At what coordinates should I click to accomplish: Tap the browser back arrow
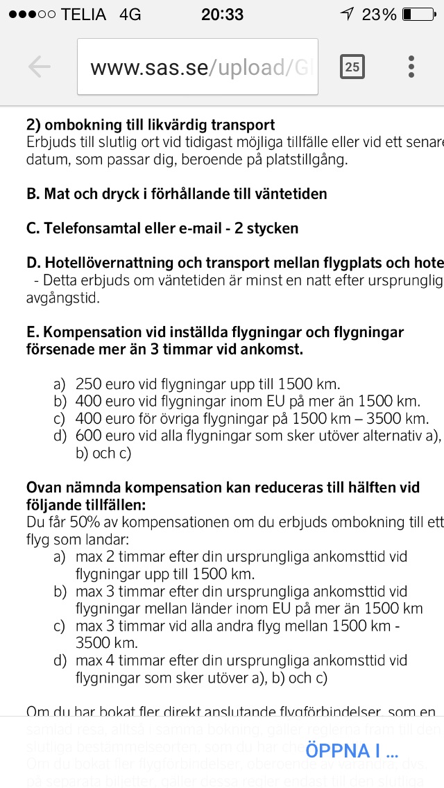tap(40, 67)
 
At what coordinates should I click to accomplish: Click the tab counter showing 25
tap(352, 67)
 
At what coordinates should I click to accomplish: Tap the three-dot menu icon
tap(411, 67)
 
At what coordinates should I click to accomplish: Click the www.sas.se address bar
tap(198, 67)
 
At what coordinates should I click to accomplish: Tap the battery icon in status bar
tap(417, 15)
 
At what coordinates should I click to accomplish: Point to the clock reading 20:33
tap(222, 15)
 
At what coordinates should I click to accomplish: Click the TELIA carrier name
tap(83, 15)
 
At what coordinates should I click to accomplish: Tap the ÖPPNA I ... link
tap(352, 750)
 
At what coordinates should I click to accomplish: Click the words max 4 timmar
tap(117, 660)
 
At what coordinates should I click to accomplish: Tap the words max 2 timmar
tap(117, 556)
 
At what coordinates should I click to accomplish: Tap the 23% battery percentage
tap(378, 15)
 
